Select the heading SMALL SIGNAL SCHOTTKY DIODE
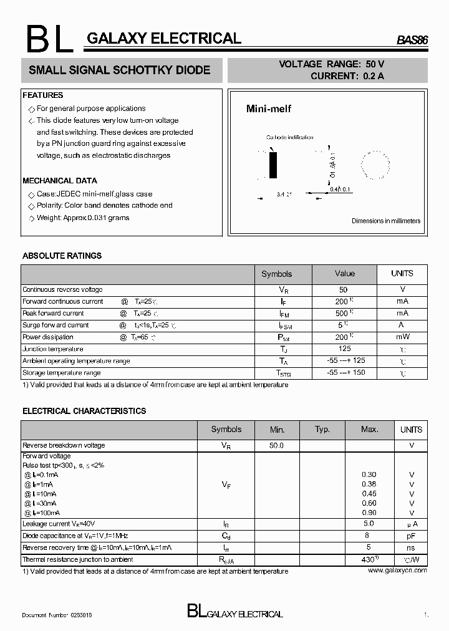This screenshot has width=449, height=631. click(x=119, y=70)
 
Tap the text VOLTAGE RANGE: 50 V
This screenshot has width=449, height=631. click(x=331, y=64)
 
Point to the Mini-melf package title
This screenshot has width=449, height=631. click(x=269, y=109)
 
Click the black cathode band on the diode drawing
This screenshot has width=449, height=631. click(x=273, y=165)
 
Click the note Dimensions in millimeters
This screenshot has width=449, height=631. click(x=386, y=221)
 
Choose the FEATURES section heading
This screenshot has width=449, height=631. click(x=43, y=95)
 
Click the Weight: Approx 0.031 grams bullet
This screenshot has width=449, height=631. click(x=83, y=218)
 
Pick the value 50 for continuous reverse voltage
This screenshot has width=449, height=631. click(x=343, y=289)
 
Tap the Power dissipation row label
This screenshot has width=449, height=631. click(x=49, y=337)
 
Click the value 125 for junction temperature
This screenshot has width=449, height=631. click(x=344, y=349)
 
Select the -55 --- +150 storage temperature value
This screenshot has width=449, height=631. click(x=345, y=372)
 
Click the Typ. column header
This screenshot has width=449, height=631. click(x=322, y=430)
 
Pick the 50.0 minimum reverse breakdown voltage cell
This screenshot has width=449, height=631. click(x=276, y=445)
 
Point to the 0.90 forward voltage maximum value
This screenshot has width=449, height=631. click(x=369, y=513)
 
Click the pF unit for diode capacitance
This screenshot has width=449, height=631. click(x=411, y=536)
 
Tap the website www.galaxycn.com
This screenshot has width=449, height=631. click(x=397, y=570)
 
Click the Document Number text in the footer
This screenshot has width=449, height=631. click(x=57, y=615)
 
